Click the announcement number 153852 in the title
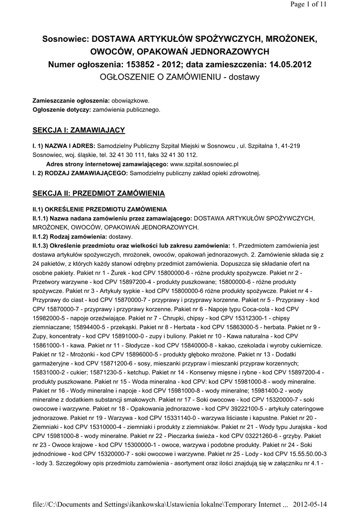(x=142, y=65)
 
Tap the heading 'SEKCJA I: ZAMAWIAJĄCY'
(x=79, y=130)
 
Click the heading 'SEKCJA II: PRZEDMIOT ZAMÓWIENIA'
(x=98, y=192)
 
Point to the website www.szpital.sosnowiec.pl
(x=205, y=163)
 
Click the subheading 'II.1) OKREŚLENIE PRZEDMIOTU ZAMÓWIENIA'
(x=99, y=209)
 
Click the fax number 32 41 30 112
(x=162, y=155)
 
